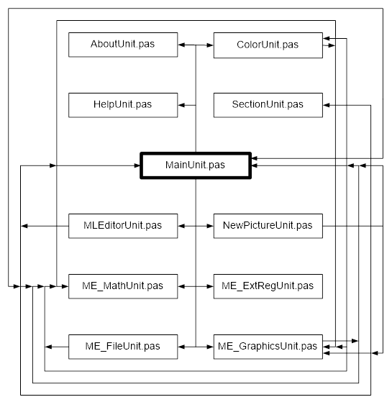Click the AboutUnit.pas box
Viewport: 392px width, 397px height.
pos(123,45)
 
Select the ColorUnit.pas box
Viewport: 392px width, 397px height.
pos(268,45)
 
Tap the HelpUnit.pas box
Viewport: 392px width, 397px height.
pos(123,105)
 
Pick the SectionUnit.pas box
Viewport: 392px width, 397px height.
pos(268,105)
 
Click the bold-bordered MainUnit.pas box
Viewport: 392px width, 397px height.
pos(196,165)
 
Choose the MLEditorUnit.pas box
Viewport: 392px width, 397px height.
pos(123,226)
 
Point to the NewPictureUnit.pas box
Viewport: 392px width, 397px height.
pos(268,226)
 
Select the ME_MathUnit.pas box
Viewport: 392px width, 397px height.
pos(123,286)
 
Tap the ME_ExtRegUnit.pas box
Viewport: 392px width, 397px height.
pos(268,286)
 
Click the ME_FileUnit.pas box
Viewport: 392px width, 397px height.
pos(123,347)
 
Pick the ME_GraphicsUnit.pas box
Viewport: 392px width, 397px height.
pos(268,347)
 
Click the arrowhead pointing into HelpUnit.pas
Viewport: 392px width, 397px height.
pos(181,105)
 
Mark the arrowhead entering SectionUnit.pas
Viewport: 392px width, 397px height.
pos(327,105)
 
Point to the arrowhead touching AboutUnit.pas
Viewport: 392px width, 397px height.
pos(181,45)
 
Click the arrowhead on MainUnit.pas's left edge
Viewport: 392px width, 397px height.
pos(137,165)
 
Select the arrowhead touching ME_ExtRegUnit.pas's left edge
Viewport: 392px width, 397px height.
pos(210,286)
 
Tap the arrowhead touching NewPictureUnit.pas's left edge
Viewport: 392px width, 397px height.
pos(210,226)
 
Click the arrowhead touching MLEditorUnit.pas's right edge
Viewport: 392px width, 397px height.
pos(181,226)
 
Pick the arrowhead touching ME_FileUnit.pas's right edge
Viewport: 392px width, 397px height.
pos(181,347)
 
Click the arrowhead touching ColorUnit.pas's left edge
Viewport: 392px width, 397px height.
pos(210,45)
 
